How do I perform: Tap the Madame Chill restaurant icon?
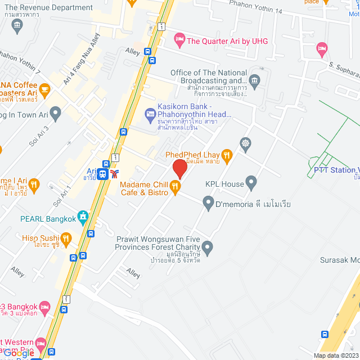click(175, 185)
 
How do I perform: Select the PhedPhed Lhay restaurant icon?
click(227, 155)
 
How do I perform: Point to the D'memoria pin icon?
click(209, 202)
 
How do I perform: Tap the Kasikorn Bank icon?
click(150, 115)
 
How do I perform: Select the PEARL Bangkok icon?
click(83, 217)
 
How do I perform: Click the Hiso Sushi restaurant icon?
click(66, 240)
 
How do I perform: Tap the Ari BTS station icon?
click(103, 174)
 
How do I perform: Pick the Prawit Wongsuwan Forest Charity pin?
click(208, 246)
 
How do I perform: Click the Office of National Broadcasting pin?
click(254, 80)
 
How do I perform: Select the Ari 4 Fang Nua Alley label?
click(82, 58)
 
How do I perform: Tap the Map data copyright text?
click(335, 355)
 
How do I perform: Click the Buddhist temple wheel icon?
click(244, 143)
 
